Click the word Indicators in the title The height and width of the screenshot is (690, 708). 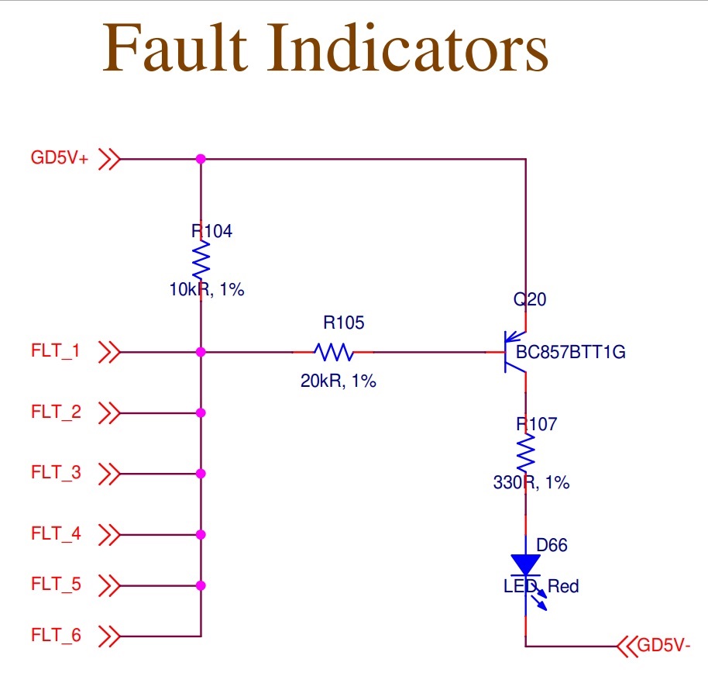pos(409,48)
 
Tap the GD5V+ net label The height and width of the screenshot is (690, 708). pos(60,159)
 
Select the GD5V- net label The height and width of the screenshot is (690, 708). pos(662,644)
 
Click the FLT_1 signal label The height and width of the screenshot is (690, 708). pos(55,352)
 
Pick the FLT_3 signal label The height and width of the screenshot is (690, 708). pos(55,473)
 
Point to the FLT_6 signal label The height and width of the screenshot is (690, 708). pos(55,637)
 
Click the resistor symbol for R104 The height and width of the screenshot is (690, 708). pos(201,260)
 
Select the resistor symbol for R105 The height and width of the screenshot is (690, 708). pos(334,352)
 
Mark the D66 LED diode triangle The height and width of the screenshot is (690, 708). pos(526,564)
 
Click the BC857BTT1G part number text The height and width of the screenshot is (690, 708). pos(571,354)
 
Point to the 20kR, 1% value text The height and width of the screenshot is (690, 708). pos(339,381)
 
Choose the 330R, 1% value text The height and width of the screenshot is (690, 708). pos(531,482)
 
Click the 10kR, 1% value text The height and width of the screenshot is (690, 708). pos(207,290)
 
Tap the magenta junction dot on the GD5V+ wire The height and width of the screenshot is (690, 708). pos(201,159)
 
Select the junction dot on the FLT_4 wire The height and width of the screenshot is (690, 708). pos(201,534)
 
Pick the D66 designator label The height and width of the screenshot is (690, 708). pos(552,545)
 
